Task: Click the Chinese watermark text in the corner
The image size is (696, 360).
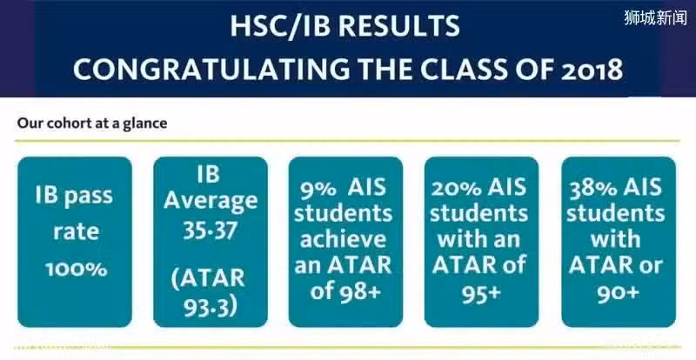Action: [655, 17]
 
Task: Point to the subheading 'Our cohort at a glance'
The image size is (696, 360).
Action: [92, 123]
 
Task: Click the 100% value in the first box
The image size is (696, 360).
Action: [77, 269]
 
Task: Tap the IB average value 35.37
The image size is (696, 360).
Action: [211, 230]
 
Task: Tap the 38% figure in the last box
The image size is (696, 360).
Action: [592, 188]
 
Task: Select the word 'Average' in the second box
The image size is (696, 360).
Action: [211, 201]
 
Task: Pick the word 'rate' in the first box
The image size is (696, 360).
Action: [76, 232]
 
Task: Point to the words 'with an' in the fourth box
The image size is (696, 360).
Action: [479, 239]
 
